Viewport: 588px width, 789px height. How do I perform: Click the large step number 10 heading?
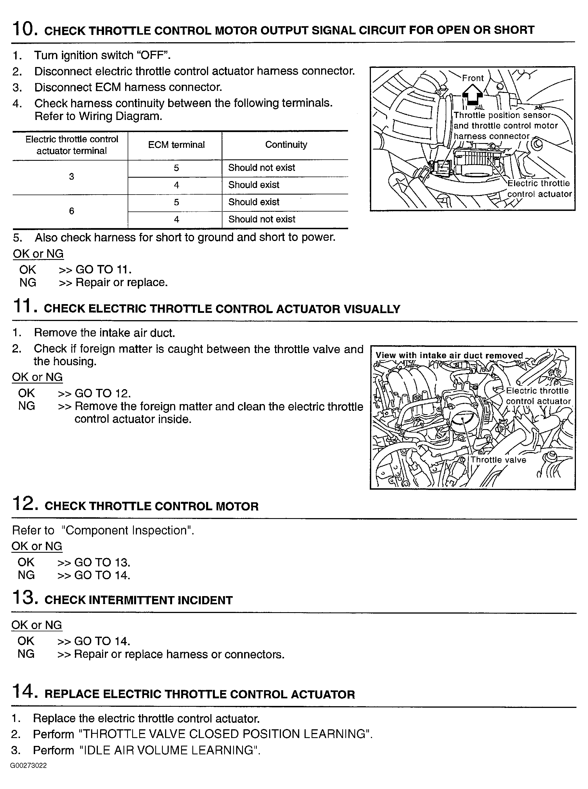[24, 29]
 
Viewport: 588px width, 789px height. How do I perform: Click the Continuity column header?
[286, 145]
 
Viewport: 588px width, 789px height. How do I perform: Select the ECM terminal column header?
[176, 145]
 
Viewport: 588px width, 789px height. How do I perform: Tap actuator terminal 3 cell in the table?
[71, 176]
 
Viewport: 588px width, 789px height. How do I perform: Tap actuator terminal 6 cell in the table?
[71, 211]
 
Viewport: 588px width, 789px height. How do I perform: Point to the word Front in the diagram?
[473, 78]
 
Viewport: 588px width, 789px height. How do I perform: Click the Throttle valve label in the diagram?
[498, 460]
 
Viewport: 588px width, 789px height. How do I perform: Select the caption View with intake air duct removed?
[449, 355]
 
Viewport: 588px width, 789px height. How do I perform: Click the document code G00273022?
[28, 765]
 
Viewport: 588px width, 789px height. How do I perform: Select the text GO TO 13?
[102, 562]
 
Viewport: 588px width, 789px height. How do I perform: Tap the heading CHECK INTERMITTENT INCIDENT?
[138, 600]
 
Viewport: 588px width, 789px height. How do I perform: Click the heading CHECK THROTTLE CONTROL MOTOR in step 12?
[152, 506]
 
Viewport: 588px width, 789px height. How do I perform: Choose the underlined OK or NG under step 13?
[37, 625]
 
